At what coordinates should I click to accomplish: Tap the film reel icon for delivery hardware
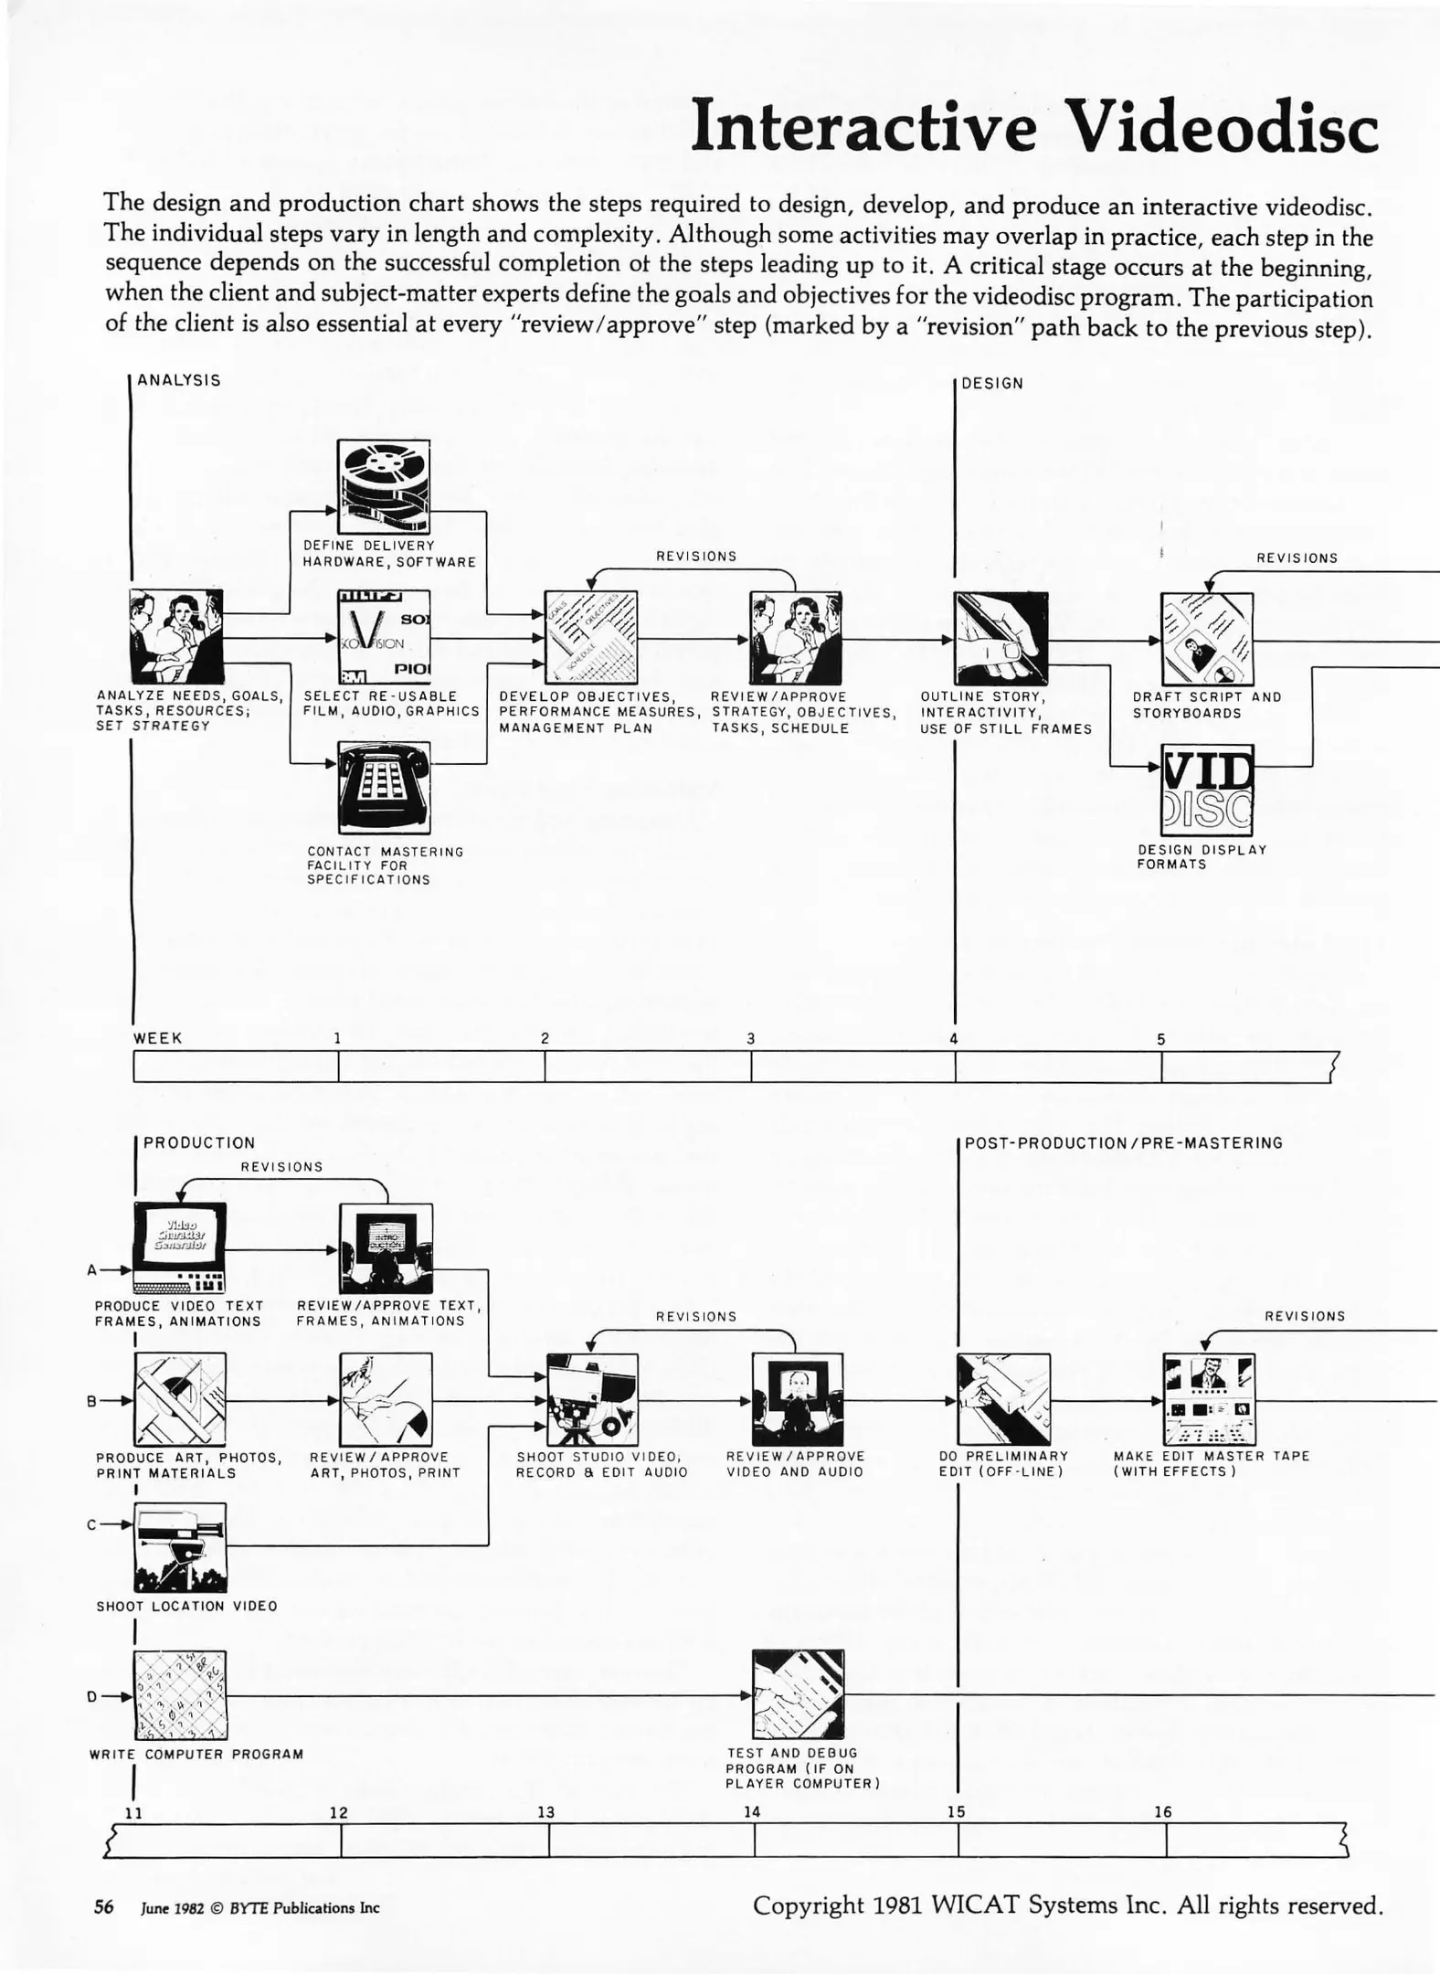coord(384,486)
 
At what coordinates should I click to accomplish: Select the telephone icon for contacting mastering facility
coord(384,787)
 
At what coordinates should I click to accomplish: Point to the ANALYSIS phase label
coord(179,380)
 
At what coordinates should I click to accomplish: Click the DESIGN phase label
coord(992,384)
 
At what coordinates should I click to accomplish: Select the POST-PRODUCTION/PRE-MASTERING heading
coord(1123,1142)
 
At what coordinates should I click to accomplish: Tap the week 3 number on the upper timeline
coord(751,1038)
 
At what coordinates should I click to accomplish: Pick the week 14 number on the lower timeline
coord(752,1811)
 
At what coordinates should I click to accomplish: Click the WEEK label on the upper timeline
coord(158,1038)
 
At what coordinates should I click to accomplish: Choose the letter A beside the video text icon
coord(92,1269)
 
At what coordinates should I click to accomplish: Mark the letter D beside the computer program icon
coord(92,1696)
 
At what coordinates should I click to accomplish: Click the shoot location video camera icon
coord(180,1547)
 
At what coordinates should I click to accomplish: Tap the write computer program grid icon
coord(180,1695)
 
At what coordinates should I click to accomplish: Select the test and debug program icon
coord(798,1693)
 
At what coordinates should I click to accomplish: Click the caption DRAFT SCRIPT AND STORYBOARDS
coord(1206,705)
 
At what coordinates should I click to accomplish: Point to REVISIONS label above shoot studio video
coord(696,1316)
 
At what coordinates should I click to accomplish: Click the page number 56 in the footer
coord(104,1907)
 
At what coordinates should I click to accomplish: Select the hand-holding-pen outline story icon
coord(1001,638)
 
